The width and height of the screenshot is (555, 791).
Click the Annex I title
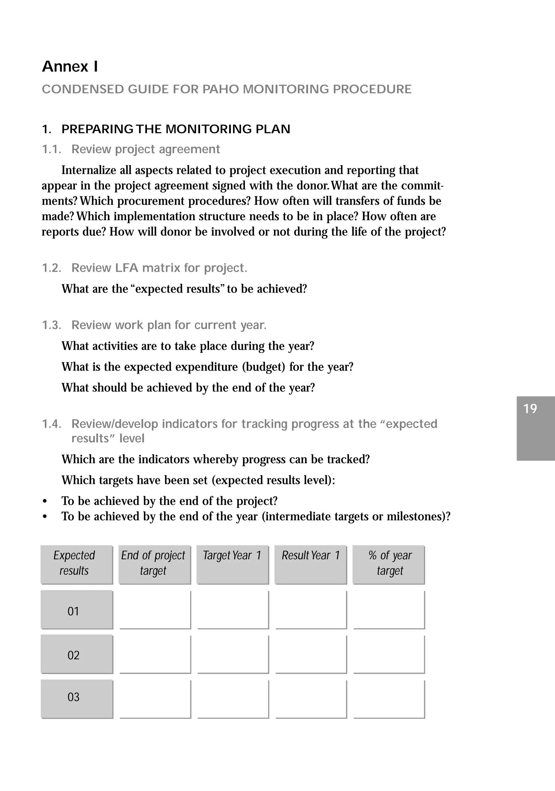tap(70, 67)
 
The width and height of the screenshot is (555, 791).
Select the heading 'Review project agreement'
tap(145, 149)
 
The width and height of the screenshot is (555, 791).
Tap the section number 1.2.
tap(52, 268)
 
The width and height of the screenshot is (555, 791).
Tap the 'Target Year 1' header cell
tap(232, 564)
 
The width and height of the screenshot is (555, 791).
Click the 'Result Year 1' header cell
tap(311, 564)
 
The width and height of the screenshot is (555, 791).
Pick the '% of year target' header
tap(389, 564)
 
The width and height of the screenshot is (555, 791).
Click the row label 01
tap(74, 611)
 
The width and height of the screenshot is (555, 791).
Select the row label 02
tap(74, 655)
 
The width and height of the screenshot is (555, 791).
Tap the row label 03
tap(74, 697)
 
